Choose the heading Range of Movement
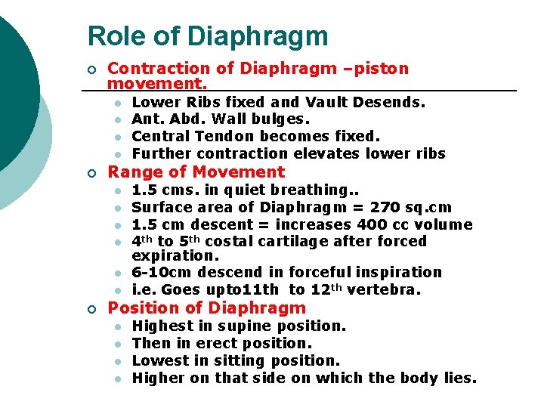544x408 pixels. [196, 172]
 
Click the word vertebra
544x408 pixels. [382, 290]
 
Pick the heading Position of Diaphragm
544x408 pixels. [207, 308]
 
